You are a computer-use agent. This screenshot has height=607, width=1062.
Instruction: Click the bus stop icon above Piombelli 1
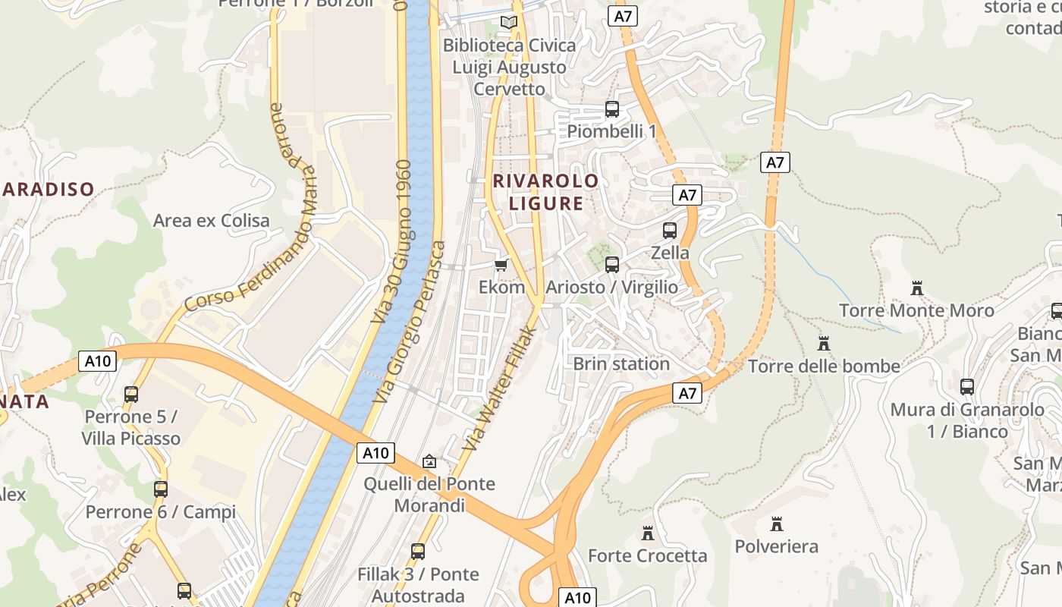(612, 109)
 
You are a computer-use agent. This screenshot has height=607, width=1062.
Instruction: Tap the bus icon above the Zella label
(670, 230)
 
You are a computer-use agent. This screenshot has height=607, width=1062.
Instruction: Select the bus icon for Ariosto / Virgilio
(612, 265)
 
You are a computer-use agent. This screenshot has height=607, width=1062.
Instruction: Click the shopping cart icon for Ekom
(501, 265)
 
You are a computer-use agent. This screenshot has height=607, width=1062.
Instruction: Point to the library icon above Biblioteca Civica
(509, 23)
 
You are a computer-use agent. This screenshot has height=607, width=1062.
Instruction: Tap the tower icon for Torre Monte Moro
(917, 288)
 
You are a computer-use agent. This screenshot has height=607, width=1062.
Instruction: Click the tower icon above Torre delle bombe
(824, 344)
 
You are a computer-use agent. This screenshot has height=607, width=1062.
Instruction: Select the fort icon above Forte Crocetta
(648, 533)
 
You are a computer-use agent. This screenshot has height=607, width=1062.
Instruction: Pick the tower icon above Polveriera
(776, 524)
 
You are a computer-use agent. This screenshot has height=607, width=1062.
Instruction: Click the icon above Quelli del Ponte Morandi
(429, 461)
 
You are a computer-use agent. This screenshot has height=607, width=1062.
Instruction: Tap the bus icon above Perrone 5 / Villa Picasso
(131, 394)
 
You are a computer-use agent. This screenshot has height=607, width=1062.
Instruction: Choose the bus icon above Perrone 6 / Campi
(161, 489)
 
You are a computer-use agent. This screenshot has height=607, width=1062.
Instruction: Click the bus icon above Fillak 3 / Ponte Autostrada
(418, 552)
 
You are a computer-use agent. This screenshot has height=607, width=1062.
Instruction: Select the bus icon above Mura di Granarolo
(967, 387)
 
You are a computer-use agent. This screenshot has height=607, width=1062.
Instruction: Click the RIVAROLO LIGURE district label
(546, 192)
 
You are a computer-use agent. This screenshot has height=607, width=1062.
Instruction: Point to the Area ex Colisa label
(212, 221)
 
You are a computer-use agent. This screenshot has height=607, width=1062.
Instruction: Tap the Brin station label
(621, 363)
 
